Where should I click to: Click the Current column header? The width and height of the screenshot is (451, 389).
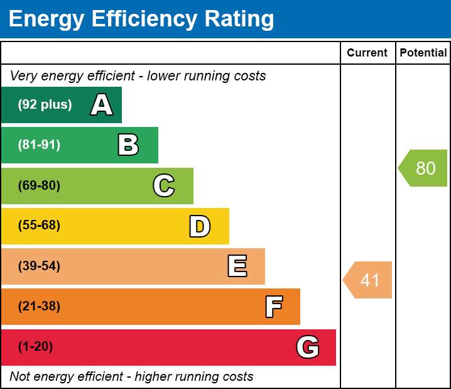coord(367,53)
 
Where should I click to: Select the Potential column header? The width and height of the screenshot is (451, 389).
coord(423,53)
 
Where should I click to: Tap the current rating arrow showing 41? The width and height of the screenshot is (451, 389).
coord(367,280)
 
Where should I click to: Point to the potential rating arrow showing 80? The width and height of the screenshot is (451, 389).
coord(423,168)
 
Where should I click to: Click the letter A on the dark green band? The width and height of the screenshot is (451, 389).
coord(102,104)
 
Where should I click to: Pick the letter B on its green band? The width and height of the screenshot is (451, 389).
coord(128,145)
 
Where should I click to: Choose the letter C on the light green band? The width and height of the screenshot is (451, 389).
coord(164,185)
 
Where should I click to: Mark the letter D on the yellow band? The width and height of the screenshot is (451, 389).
coord(200,226)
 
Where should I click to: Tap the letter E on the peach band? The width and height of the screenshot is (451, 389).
coord(237,266)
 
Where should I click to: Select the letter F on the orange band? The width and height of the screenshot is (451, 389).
coord(274,307)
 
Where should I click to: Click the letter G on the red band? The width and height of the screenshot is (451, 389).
coord(308,347)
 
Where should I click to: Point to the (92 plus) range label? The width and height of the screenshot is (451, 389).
coord(45,104)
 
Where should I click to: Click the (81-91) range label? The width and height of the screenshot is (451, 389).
coord(39,145)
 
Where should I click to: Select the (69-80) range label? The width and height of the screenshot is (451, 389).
coord(39,185)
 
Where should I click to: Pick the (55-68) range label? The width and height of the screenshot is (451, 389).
coord(39,225)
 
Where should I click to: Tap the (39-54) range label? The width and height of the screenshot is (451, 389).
coord(39,266)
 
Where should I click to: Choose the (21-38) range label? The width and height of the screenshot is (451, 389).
coord(39,306)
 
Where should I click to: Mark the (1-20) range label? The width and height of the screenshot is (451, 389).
coord(35,346)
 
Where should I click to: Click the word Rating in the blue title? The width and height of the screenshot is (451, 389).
coord(239,19)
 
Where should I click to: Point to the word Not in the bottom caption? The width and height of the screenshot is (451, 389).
coord(19,376)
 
